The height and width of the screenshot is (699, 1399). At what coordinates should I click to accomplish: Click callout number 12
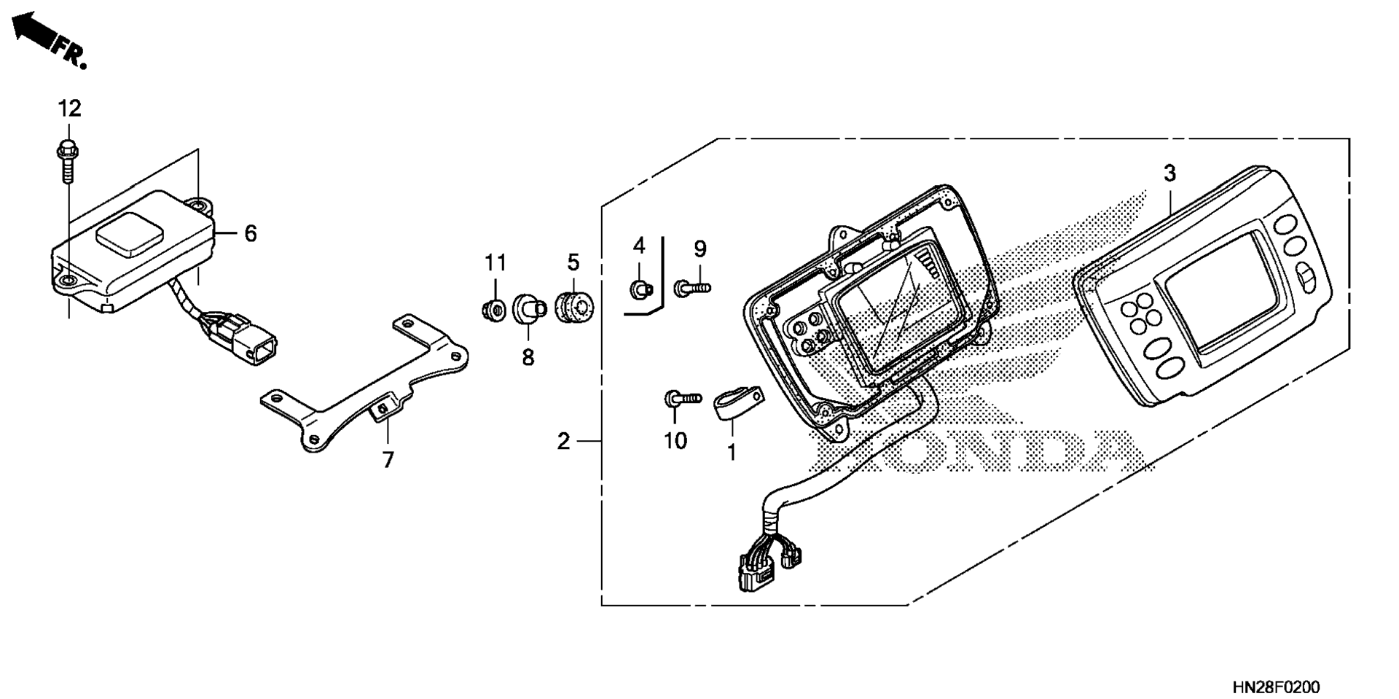pyautogui.click(x=69, y=109)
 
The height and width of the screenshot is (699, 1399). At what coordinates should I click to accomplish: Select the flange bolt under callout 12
pyautogui.click(x=68, y=162)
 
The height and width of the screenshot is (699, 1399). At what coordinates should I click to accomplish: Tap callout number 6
pyautogui.click(x=250, y=233)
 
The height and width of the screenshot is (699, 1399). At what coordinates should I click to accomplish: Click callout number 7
pyautogui.click(x=388, y=460)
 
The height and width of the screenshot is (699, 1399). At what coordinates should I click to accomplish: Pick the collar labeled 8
pyautogui.click(x=529, y=308)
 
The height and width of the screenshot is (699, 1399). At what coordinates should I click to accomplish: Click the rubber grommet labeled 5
pyautogui.click(x=574, y=306)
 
